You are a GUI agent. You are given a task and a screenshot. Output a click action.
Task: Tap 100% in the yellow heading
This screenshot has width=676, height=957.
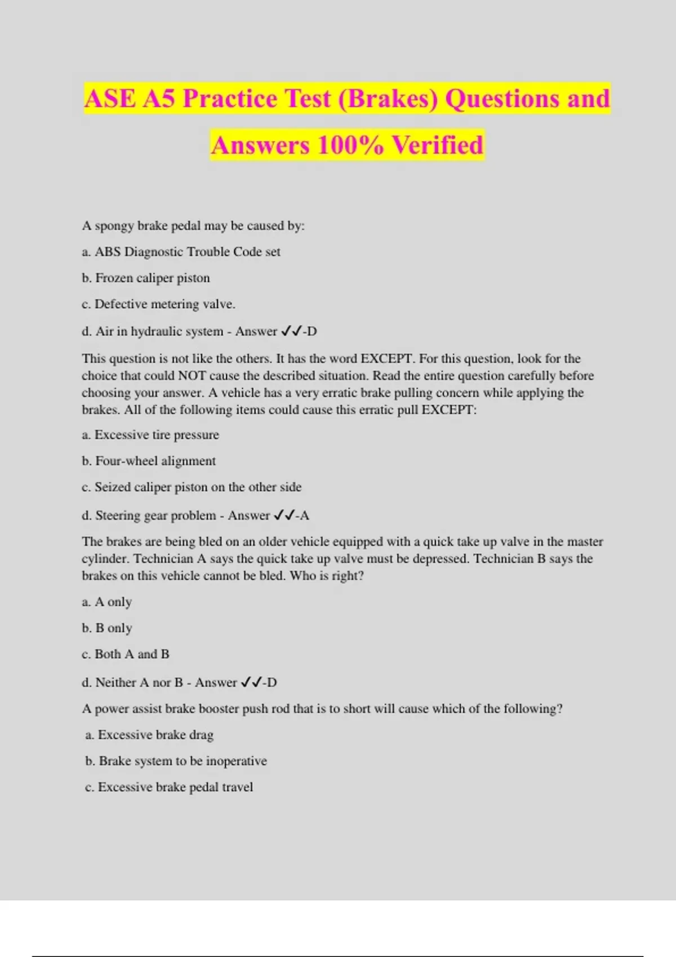[350, 145]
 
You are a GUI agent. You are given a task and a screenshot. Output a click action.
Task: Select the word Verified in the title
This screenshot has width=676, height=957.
[438, 145]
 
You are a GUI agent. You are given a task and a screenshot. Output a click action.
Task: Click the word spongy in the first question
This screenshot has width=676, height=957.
[114, 226]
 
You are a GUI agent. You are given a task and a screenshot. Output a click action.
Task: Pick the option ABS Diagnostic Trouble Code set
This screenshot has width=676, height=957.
[181, 252]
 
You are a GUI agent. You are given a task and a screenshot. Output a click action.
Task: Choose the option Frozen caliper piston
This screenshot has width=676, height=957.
[146, 278]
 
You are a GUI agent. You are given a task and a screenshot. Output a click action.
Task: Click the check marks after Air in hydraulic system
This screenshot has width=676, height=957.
[291, 331]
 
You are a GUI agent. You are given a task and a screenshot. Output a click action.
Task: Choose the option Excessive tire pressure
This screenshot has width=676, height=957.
[150, 435]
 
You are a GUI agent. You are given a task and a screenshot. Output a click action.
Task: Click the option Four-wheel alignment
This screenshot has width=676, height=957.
[149, 461]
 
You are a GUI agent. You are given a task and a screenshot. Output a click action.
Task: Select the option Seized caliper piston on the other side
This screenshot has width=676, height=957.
[192, 488]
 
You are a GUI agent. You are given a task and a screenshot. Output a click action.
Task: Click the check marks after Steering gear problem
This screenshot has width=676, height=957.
[284, 515]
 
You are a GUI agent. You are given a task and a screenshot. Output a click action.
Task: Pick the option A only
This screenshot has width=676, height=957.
[107, 602]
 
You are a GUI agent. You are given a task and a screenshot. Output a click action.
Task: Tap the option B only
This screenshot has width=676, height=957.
[107, 628]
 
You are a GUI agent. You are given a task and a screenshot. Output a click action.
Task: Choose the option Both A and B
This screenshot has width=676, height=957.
[126, 654]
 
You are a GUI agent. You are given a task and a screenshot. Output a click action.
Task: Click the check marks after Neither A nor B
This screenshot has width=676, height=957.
[251, 682]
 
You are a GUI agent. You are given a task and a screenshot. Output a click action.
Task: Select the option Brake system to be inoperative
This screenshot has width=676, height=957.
[176, 761]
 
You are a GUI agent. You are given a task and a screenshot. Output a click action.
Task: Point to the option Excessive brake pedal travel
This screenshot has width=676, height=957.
[169, 787]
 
